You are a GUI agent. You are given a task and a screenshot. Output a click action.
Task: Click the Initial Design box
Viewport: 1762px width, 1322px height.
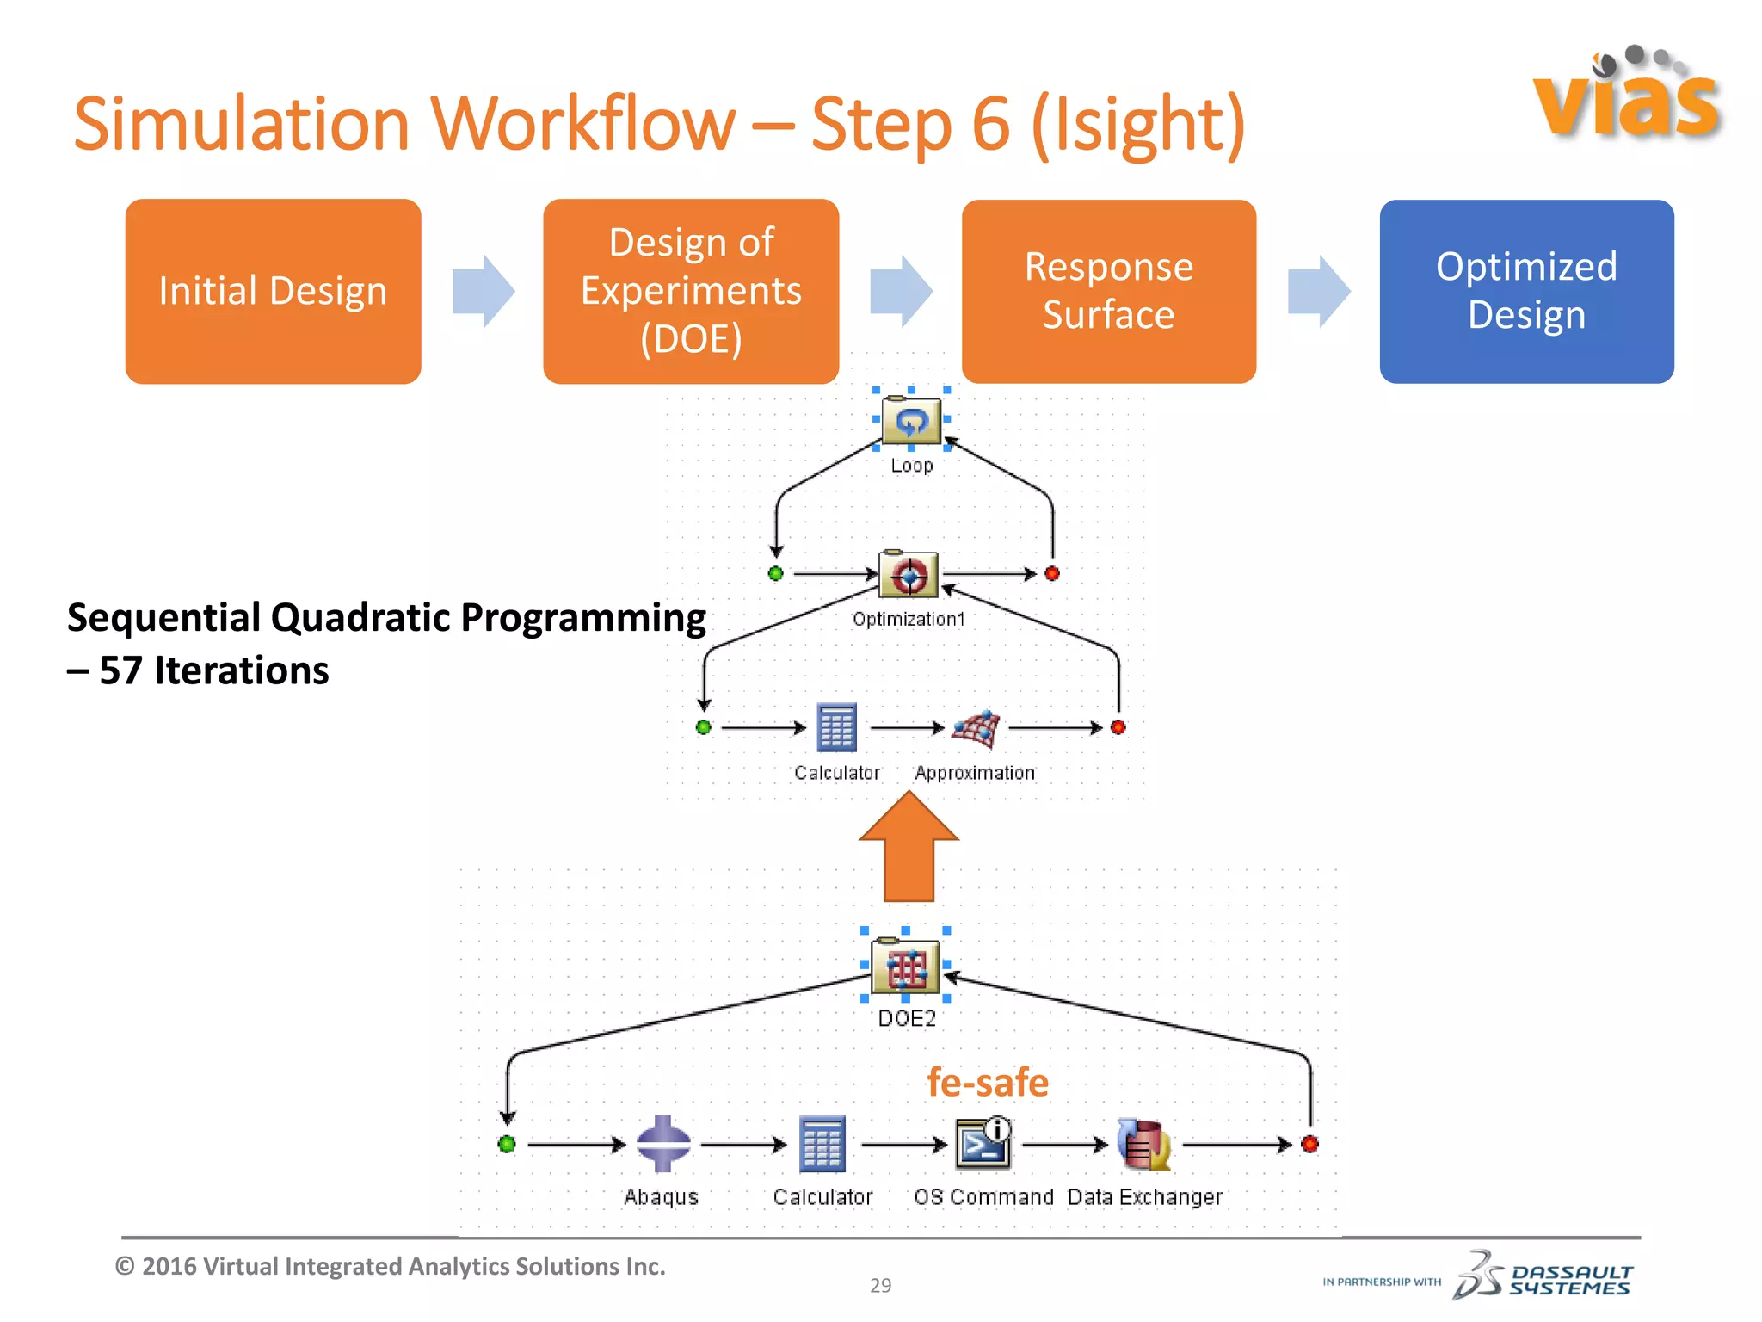(x=273, y=291)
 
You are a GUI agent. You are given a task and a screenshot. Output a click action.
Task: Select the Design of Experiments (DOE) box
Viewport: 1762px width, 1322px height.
(x=691, y=291)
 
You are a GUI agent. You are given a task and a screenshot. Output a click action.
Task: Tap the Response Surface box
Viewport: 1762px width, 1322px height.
(x=1109, y=291)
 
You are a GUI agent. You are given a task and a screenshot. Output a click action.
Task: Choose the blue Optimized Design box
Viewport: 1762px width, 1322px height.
(x=1527, y=291)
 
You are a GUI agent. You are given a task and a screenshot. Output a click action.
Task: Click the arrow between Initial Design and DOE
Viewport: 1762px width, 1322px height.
(x=484, y=291)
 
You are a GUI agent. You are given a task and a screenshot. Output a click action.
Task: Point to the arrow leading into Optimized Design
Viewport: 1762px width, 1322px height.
(x=1319, y=291)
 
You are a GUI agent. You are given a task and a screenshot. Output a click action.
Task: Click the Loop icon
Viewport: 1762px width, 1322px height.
(x=912, y=420)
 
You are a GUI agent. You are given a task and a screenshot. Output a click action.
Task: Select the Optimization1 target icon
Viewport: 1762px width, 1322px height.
(x=909, y=574)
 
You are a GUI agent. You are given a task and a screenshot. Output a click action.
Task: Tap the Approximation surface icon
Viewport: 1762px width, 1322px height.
(x=976, y=729)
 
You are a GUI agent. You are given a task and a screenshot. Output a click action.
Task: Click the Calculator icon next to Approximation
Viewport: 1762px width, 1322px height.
(x=836, y=728)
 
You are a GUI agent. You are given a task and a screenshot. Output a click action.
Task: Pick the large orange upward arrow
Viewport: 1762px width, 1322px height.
(x=909, y=846)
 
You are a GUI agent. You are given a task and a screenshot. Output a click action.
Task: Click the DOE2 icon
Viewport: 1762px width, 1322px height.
(x=905, y=966)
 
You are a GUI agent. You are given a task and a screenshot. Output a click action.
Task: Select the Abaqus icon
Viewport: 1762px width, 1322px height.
(x=662, y=1144)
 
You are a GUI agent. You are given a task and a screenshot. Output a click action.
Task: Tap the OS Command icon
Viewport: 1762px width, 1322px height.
(x=983, y=1143)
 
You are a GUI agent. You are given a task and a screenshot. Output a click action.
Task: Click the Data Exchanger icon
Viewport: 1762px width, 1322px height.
(x=1144, y=1144)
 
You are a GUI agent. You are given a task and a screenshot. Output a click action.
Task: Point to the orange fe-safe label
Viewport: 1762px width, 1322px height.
(x=988, y=1082)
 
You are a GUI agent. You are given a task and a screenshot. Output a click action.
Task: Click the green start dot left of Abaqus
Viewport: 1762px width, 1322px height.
(x=507, y=1144)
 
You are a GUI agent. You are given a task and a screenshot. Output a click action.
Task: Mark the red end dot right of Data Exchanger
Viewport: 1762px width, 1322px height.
(x=1310, y=1144)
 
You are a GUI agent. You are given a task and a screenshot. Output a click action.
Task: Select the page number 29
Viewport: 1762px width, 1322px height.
(x=881, y=1285)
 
